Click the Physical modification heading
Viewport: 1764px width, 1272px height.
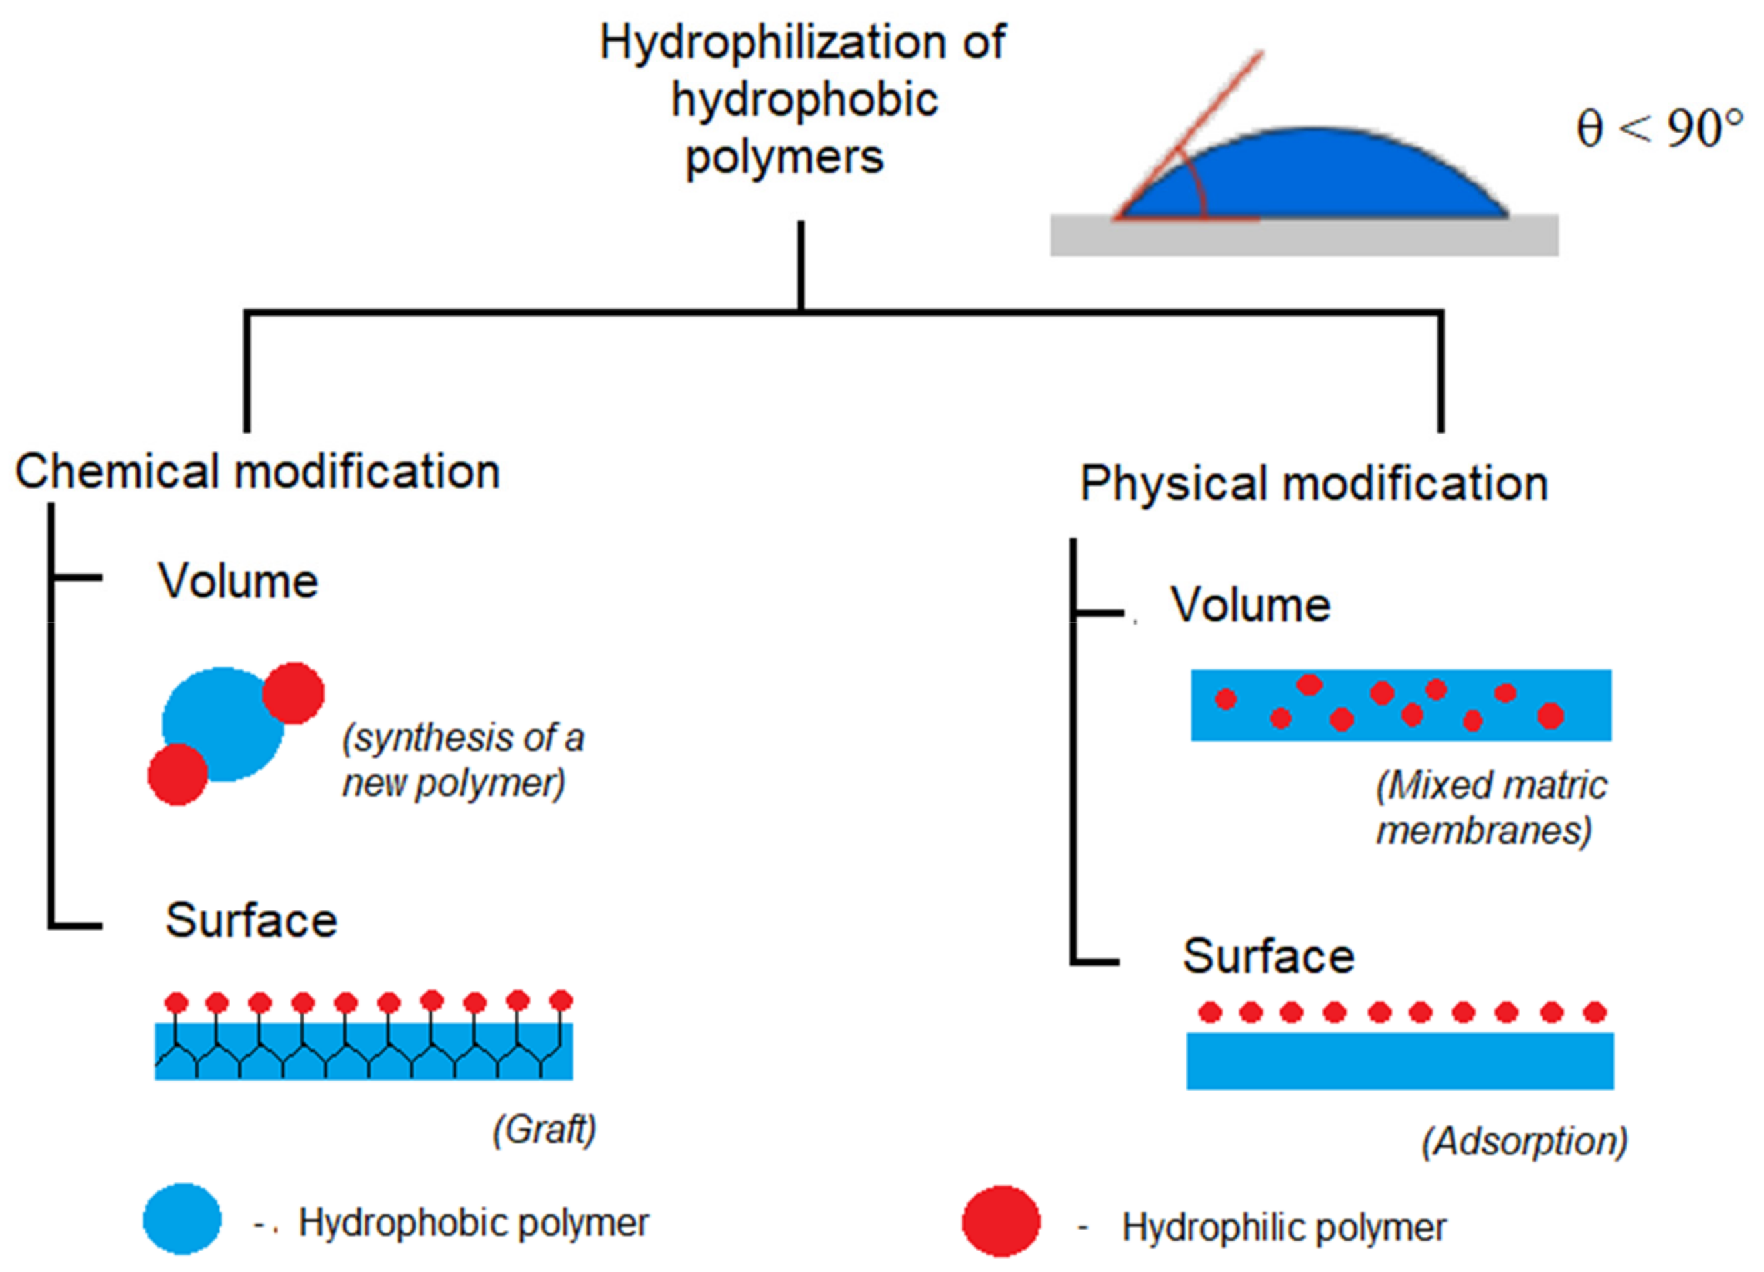pyautogui.click(x=1314, y=483)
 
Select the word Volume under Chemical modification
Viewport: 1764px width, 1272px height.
pyautogui.click(x=239, y=582)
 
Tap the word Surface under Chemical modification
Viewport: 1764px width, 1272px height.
pyautogui.click(x=251, y=921)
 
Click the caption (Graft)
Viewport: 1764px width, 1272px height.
pyautogui.click(x=545, y=1129)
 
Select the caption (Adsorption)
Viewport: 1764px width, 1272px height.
pyautogui.click(x=1524, y=1141)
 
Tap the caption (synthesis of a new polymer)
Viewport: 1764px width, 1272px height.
pyautogui.click(x=463, y=759)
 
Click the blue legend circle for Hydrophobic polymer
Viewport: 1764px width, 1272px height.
pyautogui.click(x=182, y=1218)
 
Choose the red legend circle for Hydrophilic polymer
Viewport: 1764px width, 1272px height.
pyautogui.click(x=1000, y=1221)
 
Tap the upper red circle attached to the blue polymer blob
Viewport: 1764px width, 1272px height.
pyautogui.click(x=293, y=692)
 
